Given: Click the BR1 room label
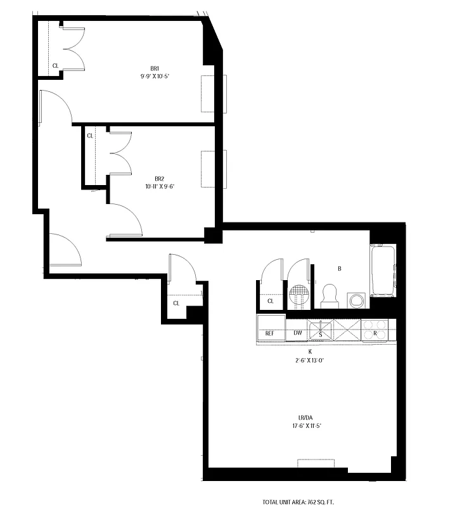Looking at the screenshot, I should [155, 68].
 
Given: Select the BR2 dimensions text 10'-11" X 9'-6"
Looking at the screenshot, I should [160, 186].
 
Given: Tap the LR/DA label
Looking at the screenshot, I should [306, 417].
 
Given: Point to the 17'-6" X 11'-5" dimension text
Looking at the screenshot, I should [306, 425].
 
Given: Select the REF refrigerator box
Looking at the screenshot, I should [269, 333].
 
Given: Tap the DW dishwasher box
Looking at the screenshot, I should [297, 333].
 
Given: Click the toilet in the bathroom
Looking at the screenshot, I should [329, 295].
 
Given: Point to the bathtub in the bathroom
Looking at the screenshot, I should [383, 273].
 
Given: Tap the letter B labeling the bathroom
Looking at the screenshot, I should [340, 269].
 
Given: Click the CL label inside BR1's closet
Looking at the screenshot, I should [55, 65].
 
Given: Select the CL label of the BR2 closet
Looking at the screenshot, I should [90, 135].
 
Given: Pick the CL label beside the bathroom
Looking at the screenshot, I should [270, 301].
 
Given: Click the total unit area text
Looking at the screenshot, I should [308, 501].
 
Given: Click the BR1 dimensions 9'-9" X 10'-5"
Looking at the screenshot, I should [155, 75].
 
